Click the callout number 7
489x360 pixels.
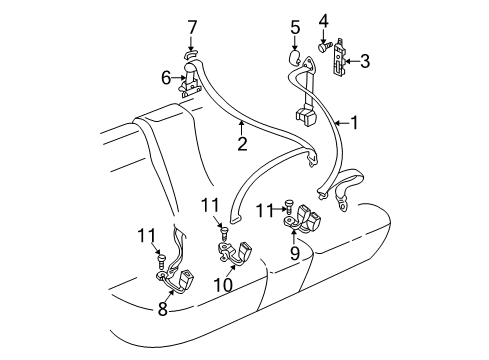[191, 28]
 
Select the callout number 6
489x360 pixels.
[166, 78]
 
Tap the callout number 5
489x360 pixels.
[295, 27]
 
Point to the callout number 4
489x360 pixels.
[323, 21]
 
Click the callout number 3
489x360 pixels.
[365, 61]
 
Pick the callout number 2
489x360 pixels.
[242, 143]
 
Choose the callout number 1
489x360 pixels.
[354, 123]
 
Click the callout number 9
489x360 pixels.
[295, 253]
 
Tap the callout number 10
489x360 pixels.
[223, 285]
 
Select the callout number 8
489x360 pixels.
[163, 309]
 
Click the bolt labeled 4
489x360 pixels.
[325, 47]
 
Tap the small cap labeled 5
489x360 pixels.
[294, 57]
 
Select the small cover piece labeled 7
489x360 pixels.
[190, 54]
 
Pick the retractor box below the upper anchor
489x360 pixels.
[306, 116]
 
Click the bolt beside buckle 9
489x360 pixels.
[288, 207]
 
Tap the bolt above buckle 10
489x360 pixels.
[225, 234]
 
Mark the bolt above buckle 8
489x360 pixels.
[161, 261]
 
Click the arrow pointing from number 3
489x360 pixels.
[353, 61]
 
